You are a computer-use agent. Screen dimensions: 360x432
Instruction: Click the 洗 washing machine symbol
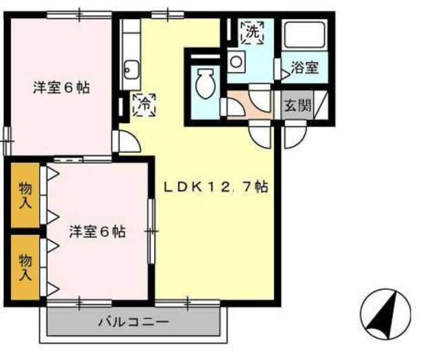click(x=252, y=32)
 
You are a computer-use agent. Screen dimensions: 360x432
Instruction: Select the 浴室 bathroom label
click(x=304, y=68)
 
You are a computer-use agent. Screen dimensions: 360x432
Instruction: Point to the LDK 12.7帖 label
click(x=217, y=188)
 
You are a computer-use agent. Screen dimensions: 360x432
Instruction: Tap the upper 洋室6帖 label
click(x=61, y=87)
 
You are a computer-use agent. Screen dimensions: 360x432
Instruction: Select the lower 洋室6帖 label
click(x=97, y=231)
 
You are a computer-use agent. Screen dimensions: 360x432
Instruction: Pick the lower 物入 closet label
click(x=25, y=266)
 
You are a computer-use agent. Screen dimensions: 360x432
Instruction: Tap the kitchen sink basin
click(x=130, y=69)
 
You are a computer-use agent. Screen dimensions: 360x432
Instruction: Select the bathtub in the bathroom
click(x=304, y=35)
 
